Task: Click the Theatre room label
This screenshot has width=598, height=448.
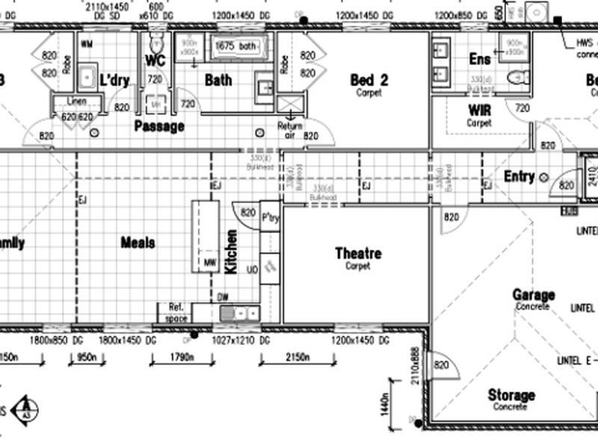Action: [x=357, y=254]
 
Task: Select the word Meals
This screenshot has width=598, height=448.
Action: [x=138, y=243]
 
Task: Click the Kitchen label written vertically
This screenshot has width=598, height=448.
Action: [x=232, y=252]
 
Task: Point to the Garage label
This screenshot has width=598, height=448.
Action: [x=534, y=295]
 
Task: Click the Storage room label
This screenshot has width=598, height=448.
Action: [x=511, y=395]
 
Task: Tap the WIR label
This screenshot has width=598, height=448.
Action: [x=479, y=111]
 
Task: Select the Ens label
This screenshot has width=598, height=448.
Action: [x=479, y=59]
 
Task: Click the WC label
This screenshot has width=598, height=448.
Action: [x=155, y=60]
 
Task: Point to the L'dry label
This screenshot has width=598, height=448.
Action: [x=114, y=80]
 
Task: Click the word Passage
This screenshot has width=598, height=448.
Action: [x=158, y=126]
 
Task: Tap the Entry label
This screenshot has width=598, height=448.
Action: [x=519, y=176]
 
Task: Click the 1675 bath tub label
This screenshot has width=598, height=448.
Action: [x=235, y=46]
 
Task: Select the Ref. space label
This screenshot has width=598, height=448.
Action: [x=176, y=311]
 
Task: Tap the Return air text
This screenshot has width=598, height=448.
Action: [x=290, y=130]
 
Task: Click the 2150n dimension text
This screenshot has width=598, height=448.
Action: [x=297, y=358]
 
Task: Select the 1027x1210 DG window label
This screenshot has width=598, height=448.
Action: [x=235, y=340]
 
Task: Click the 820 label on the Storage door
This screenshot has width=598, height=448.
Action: [x=441, y=365]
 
